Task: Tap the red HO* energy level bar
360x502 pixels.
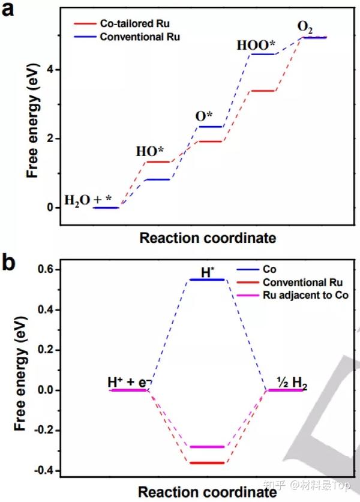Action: pyautogui.click(x=154, y=162)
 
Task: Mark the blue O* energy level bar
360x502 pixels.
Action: pyautogui.click(x=206, y=127)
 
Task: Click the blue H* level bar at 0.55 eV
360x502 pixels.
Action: pyautogui.click(x=206, y=279)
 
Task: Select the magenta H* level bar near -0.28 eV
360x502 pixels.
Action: pyautogui.click(x=206, y=447)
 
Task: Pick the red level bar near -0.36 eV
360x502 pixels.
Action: pyautogui.click(x=206, y=463)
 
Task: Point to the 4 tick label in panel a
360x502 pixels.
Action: pyautogui.click(x=52, y=70)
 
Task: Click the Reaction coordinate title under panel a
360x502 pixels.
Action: pyautogui.click(x=208, y=238)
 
